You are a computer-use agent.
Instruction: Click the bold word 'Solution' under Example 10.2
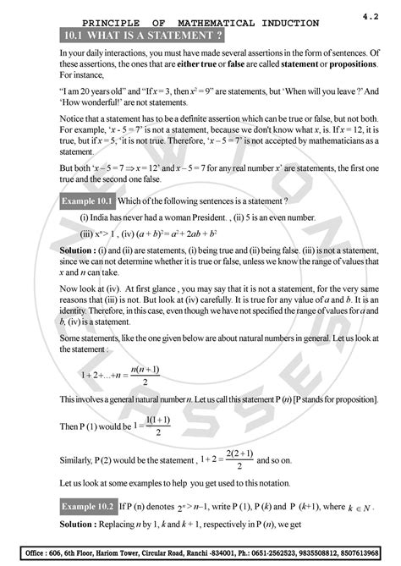click(78, 525)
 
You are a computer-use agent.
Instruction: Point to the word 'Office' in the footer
click(30, 552)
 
